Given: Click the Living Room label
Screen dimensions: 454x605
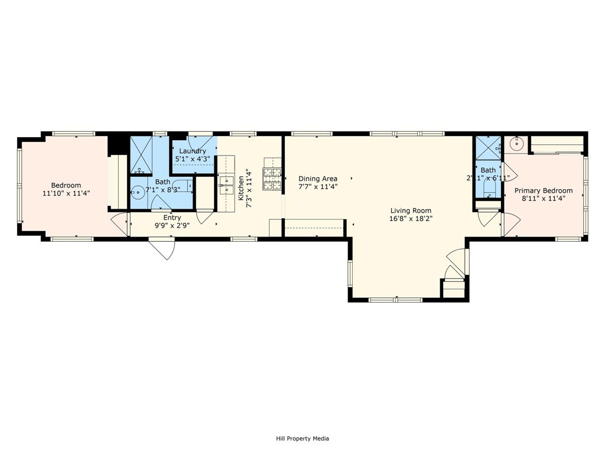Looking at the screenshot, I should [411, 210].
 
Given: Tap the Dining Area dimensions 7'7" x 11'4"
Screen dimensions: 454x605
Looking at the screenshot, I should [318, 187].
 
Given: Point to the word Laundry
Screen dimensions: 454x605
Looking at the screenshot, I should [193, 151].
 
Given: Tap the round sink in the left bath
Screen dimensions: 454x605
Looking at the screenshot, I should [137, 192].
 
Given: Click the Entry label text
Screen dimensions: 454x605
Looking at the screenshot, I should [172, 218].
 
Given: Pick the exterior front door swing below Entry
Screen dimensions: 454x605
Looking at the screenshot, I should [162, 248].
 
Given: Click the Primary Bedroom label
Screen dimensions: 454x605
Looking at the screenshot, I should [543, 190].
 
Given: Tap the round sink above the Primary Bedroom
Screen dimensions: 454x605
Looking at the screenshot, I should [517, 142].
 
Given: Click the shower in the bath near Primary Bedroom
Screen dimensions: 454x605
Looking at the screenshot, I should [488, 148].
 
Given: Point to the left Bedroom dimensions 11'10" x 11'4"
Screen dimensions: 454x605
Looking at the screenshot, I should [66, 193].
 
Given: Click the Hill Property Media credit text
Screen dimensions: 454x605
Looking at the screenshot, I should [302, 439].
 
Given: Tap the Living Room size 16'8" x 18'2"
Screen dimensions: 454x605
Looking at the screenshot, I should [411, 219].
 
